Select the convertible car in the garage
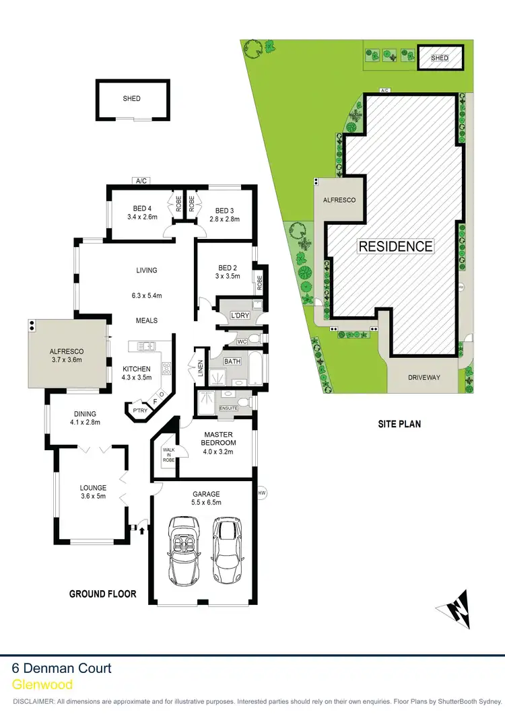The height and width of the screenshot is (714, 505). click(183, 549)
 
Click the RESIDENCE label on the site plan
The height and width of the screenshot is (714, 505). click(395, 246)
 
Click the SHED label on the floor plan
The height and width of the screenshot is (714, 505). click(132, 99)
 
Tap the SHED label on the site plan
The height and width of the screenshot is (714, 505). click(440, 59)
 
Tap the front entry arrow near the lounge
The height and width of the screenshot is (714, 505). click(143, 529)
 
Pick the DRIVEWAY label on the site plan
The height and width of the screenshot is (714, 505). click(424, 378)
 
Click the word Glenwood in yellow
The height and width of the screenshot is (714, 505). click(42, 684)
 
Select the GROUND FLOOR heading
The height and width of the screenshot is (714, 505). click(103, 594)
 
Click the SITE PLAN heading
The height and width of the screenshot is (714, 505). click(398, 424)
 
